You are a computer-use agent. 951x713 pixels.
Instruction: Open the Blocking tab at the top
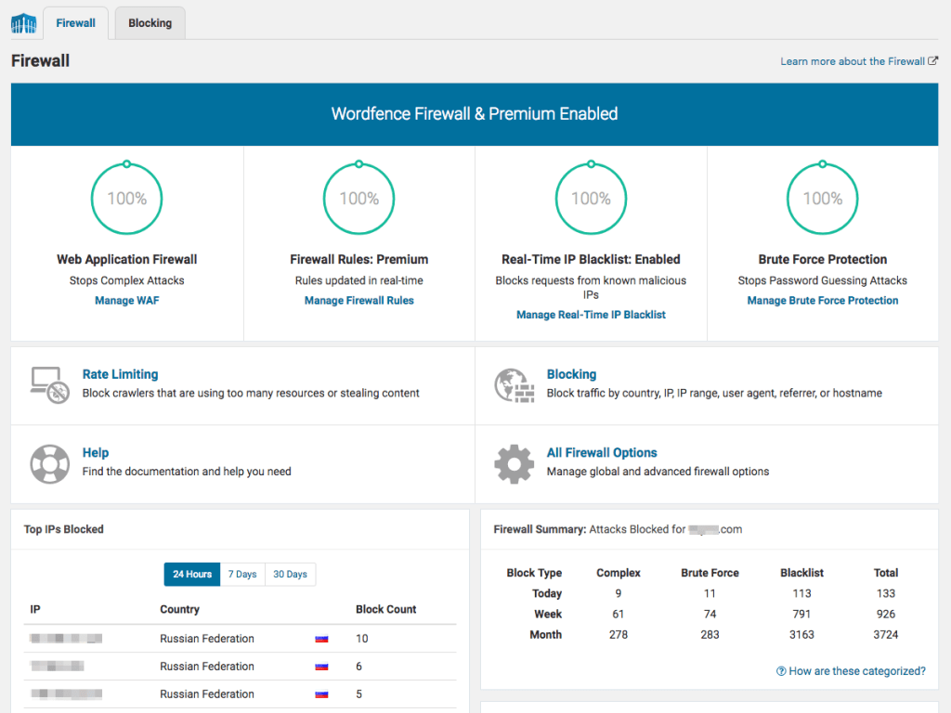click(x=150, y=23)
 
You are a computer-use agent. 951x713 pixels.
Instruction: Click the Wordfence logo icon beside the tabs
click(x=23, y=23)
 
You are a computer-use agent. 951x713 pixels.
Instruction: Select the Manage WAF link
click(x=127, y=301)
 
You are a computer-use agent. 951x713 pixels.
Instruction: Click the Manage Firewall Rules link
click(x=359, y=301)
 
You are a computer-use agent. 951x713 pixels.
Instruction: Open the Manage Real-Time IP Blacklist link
click(x=591, y=315)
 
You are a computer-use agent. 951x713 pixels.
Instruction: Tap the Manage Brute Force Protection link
click(x=823, y=301)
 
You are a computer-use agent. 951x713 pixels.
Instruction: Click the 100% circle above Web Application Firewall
click(x=126, y=199)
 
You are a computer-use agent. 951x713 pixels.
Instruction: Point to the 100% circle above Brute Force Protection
click(x=823, y=199)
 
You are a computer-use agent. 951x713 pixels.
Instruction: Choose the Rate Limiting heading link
click(x=120, y=374)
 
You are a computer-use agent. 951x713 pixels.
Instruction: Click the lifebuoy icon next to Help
click(x=49, y=463)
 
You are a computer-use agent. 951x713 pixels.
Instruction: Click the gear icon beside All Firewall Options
click(x=514, y=463)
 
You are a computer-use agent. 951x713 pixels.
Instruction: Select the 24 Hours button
click(x=192, y=575)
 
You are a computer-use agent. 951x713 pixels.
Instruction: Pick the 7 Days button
click(x=242, y=575)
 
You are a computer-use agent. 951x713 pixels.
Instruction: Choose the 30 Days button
click(x=290, y=575)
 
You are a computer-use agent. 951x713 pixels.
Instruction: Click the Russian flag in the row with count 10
click(x=321, y=639)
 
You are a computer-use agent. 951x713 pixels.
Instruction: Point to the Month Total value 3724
click(x=885, y=635)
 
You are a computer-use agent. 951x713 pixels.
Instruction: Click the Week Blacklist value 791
click(x=801, y=614)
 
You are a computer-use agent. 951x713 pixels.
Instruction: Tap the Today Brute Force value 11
click(x=710, y=593)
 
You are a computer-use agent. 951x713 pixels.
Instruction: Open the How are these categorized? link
click(x=851, y=671)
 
